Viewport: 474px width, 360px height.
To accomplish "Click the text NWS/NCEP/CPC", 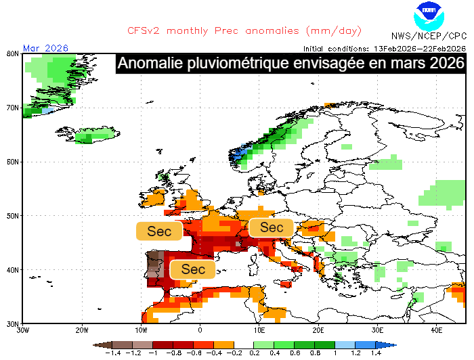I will click(x=429, y=36).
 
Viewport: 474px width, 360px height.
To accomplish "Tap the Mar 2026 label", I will click(x=45, y=48).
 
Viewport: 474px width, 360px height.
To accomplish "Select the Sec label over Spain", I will click(x=193, y=269).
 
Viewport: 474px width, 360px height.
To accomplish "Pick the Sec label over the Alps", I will click(x=272, y=227).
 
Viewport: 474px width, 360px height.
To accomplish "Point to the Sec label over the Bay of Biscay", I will click(x=160, y=231).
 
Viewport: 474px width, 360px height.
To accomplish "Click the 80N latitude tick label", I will click(x=12, y=53).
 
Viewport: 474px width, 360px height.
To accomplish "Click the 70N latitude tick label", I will click(x=12, y=108).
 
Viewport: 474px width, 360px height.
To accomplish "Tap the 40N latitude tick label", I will click(x=12, y=270).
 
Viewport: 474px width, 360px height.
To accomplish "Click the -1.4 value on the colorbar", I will click(x=113, y=353).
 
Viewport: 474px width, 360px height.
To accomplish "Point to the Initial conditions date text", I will click(x=384, y=48).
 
